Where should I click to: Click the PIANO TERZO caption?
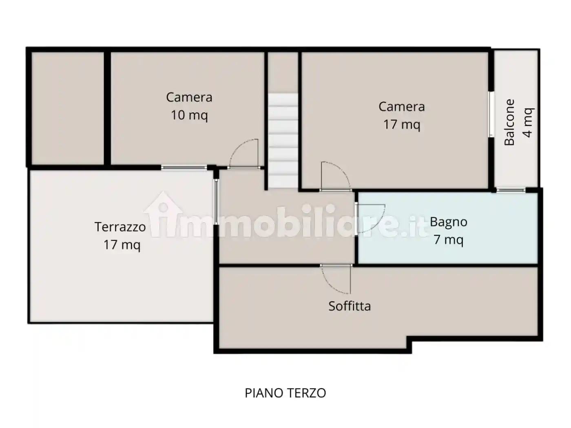tap(285, 393)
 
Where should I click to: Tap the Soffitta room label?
tap(350, 306)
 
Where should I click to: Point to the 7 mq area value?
tap(448, 240)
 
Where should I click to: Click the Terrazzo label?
tap(120, 227)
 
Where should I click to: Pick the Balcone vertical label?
tap(509, 122)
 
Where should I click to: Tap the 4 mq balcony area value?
tap(528, 122)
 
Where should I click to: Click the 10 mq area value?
tap(189, 115)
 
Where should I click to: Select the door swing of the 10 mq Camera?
tap(244, 153)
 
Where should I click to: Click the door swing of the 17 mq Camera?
tap(336, 176)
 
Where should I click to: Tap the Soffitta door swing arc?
tap(336, 280)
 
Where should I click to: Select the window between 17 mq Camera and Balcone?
tap(491, 114)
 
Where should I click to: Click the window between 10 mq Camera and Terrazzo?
tap(184, 168)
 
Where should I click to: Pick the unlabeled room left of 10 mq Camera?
tap(68, 108)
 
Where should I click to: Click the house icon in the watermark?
tap(163, 214)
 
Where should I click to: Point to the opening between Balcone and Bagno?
tap(511, 190)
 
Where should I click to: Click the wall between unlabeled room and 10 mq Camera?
tap(107, 108)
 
